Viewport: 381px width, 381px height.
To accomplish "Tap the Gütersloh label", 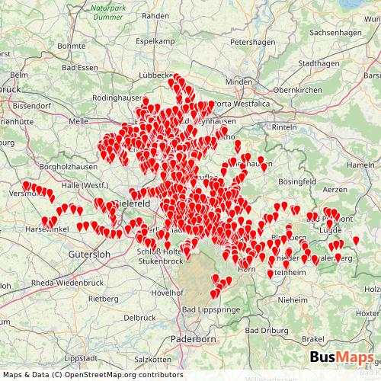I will pyautogui.click(x=89, y=254).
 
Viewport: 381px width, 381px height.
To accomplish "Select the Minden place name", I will pyautogui.click(x=238, y=82).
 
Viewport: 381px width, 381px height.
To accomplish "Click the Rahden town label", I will pyautogui.click(x=155, y=15).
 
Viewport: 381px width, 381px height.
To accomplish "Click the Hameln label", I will pyautogui.click(x=361, y=165).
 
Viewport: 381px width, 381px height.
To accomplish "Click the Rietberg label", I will pyautogui.click(x=104, y=298).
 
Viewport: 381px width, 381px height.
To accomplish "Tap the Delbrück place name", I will pyautogui.click(x=139, y=317).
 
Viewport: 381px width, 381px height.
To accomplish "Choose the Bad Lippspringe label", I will pyautogui.click(x=211, y=310).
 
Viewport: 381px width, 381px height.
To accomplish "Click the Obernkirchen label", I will pyautogui.click(x=299, y=90).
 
